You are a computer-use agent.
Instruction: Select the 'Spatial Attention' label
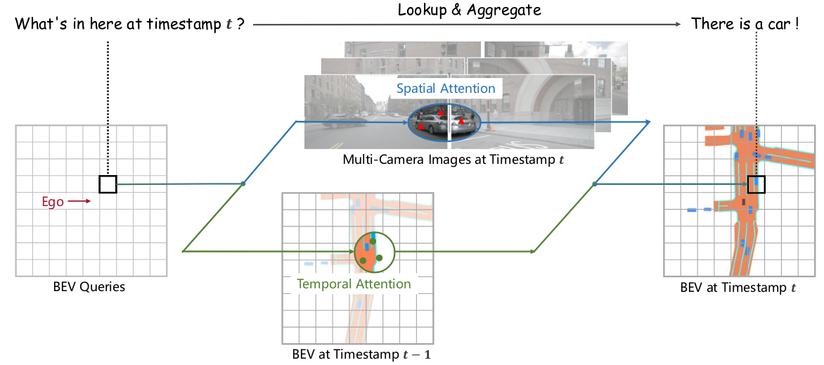tap(446, 89)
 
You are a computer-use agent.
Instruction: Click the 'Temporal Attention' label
tap(354, 285)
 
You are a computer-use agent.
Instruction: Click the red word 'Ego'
tap(53, 201)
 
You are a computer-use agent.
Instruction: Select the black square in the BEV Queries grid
tap(108, 184)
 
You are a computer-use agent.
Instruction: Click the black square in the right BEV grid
tap(757, 184)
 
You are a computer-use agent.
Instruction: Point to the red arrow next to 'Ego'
tap(80, 201)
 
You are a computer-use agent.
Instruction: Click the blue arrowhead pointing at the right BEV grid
tap(648, 122)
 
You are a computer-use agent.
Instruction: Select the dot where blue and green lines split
tap(243, 184)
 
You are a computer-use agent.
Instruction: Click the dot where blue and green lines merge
tap(594, 184)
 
